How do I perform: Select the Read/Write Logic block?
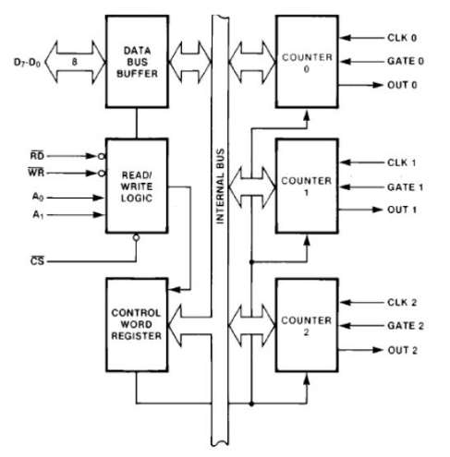(x=136, y=185)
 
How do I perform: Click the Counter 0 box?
(x=309, y=61)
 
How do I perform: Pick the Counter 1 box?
(x=309, y=186)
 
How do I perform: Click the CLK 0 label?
(x=401, y=38)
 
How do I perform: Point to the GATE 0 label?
(x=404, y=62)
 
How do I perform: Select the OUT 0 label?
(x=402, y=86)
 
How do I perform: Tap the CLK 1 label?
(x=401, y=162)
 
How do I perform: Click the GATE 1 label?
(x=404, y=186)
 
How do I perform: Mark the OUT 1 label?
(x=402, y=210)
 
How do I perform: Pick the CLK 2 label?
(x=401, y=301)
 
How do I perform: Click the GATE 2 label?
(x=404, y=325)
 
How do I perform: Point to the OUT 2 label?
(x=402, y=350)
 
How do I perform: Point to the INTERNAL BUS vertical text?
(x=221, y=184)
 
